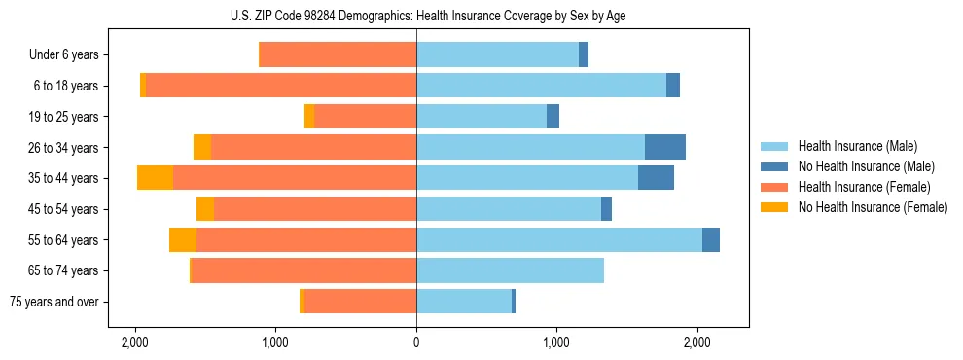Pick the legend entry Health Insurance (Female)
click(x=857, y=187)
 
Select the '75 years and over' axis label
click(x=54, y=302)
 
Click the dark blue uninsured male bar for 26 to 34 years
click(x=665, y=147)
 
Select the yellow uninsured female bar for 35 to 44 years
click(x=155, y=178)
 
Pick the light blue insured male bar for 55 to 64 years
click(x=559, y=239)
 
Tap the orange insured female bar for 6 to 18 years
click(x=281, y=86)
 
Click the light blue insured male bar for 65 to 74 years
click(x=510, y=270)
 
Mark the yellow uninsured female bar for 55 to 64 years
click(x=183, y=239)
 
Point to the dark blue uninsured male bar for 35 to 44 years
click(x=656, y=178)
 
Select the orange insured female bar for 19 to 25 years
click(x=366, y=117)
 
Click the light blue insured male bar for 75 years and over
click(x=464, y=302)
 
